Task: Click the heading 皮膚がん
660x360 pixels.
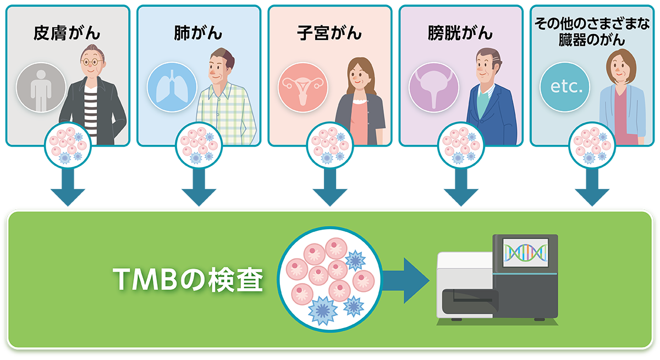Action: point(67,33)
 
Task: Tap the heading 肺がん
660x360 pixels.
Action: point(198,33)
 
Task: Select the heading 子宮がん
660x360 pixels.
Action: point(329,33)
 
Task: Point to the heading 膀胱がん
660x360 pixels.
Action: point(460,33)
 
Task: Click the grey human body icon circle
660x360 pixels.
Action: point(41,87)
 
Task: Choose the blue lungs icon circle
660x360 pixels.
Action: point(172,87)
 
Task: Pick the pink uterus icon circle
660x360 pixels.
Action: point(303,87)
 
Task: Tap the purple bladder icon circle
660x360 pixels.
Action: point(434,87)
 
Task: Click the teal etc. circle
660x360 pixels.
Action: point(565,87)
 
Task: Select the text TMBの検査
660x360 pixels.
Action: point(188,280)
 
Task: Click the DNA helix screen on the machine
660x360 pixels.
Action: point(526,253)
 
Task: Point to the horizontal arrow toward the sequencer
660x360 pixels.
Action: point(406,280)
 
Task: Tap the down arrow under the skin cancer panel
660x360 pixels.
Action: point(68,187)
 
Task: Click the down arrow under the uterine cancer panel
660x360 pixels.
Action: point(330,187)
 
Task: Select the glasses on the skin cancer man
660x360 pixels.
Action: point(92,62)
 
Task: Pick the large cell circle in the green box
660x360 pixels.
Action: point(330,279)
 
